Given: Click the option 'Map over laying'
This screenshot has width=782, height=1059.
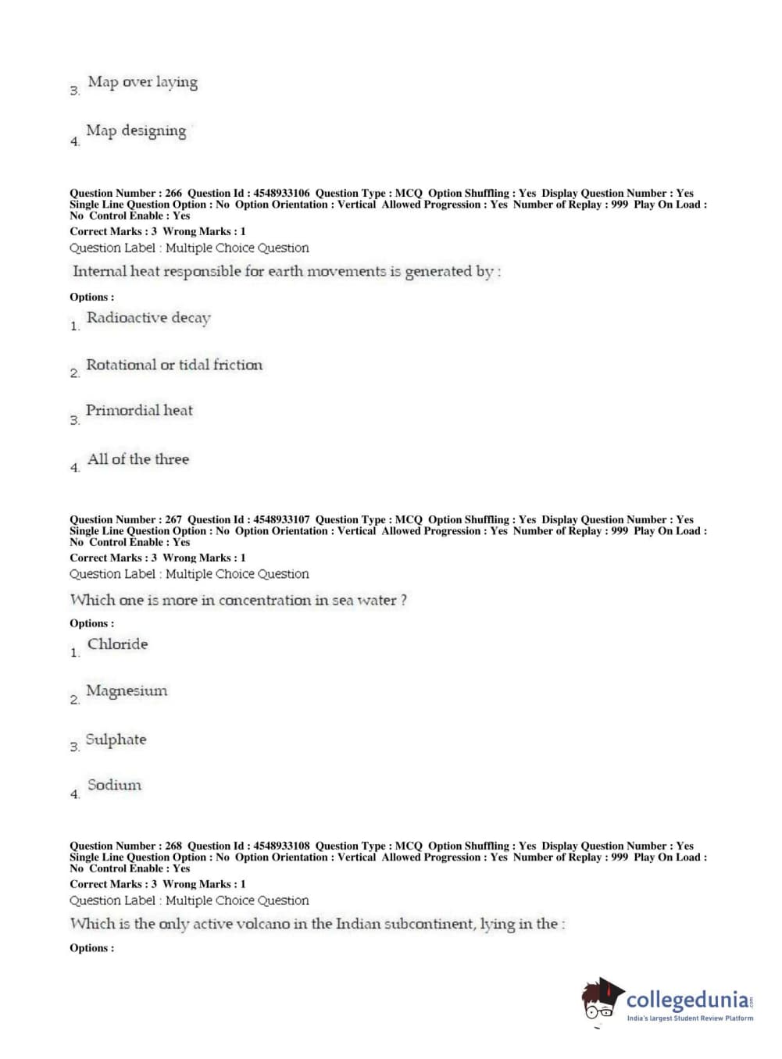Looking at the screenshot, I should click(142, 82).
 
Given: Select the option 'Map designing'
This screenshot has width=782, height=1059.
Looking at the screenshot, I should click(136, 131).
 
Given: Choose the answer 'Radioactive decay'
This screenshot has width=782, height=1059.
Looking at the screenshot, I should click(148, 318).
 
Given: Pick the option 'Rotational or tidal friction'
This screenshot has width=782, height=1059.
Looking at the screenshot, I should click(174, 365).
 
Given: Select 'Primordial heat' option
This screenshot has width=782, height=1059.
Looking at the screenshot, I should click(139, 411).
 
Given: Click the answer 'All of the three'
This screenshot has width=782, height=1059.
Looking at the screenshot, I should click(138, 459).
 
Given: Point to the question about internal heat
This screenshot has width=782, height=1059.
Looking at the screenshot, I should click(287, 272).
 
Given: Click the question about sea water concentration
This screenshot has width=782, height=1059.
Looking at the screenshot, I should click(238, 601).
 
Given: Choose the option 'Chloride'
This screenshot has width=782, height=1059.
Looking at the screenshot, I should click(117, 644).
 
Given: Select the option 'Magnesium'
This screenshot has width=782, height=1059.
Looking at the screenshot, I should click(127, 691).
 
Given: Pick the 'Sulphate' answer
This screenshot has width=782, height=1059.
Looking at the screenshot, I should click(116, 740).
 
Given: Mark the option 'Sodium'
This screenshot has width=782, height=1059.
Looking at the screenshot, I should click(115, 785).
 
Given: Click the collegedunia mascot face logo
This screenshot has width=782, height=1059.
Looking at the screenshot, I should click(602, 1000).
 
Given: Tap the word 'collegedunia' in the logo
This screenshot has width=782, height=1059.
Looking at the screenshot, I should click(687, 1000).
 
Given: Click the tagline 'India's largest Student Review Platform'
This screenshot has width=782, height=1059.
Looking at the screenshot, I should click(690, 1018).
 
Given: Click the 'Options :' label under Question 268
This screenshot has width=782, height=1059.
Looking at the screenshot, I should click(92, 948).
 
